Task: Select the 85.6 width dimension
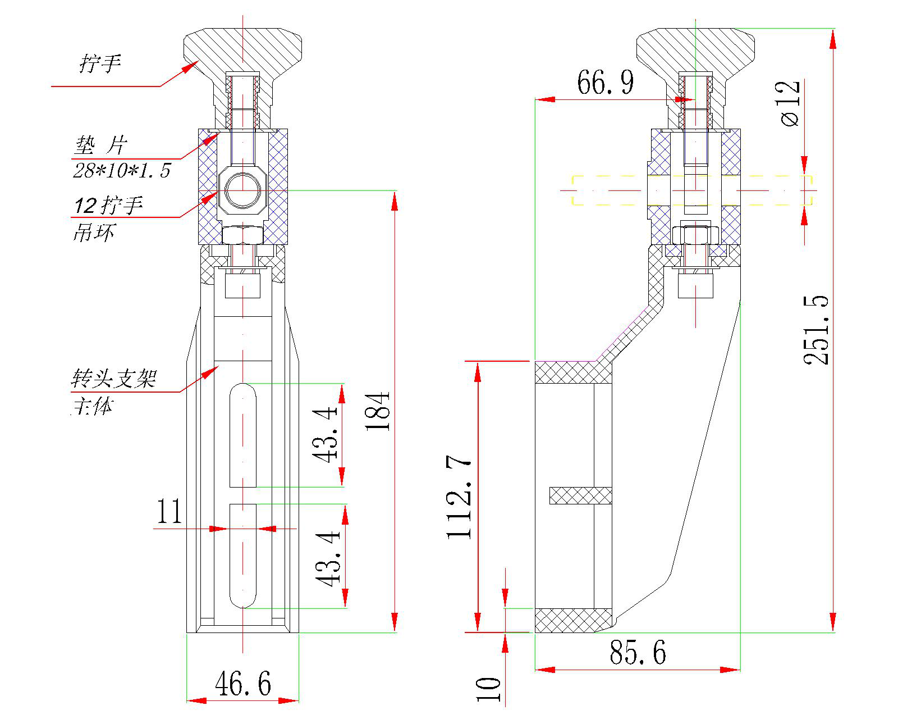[638, 653]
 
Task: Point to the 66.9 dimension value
[605, 83]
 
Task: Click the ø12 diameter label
[790, 103]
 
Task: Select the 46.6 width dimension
[242, 684]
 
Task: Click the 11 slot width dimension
[169, 512]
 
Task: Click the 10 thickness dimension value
[488, 689]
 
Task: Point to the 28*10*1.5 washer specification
[121, 170]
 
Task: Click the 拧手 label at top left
[100, 63]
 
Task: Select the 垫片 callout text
[101, 146]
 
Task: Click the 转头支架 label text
[113, 379]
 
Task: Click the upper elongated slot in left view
[243, 435]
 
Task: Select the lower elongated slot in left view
[243, 556]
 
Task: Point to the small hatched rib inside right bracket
[580, 495]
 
